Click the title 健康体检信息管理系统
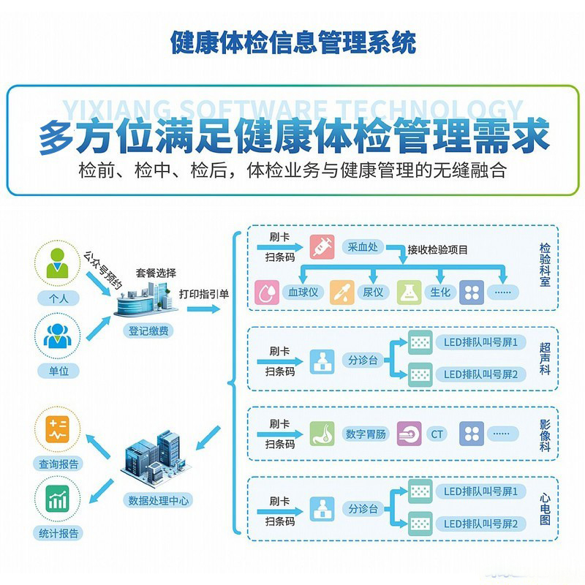pos(292,42)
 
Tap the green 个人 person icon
pos(56,264)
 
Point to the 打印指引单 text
pos(204,294)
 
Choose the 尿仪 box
pos(373,292)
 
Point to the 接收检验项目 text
pos(438,249)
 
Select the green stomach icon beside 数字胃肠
pos(322,434)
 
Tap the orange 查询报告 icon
pos(56,430)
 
